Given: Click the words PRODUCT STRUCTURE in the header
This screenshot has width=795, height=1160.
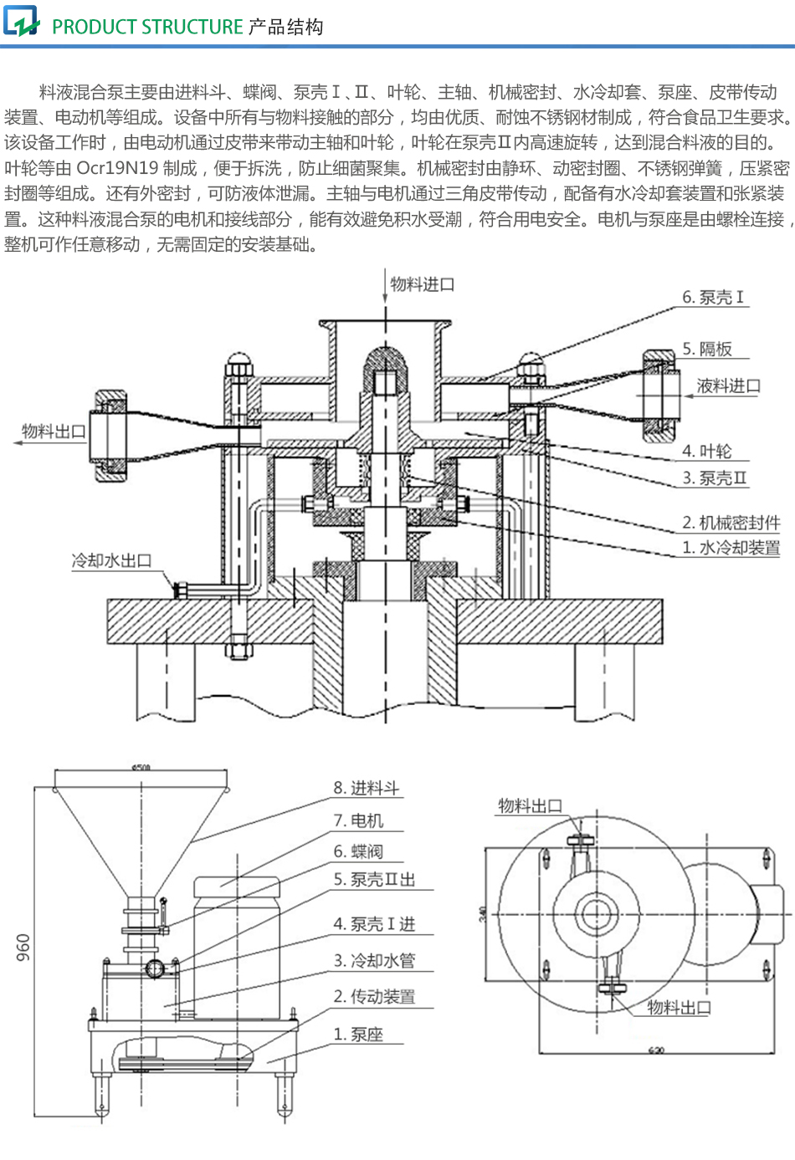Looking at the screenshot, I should tap(147, 27).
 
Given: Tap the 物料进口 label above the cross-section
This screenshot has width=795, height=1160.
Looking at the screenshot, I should tap(423, 284).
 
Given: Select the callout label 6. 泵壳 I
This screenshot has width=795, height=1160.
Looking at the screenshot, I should tap(712, 297).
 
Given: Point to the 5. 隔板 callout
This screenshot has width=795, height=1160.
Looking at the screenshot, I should tap(707, 349).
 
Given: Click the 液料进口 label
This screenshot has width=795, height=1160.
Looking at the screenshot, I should tap(728, 386).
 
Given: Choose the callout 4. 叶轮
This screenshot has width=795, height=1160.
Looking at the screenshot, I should tap(707, 452).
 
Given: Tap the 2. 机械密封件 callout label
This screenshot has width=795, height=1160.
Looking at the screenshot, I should tap(731, 523).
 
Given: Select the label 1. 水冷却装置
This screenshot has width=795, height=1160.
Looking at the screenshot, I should tap(731, 548).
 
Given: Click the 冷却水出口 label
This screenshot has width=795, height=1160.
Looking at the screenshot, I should tap(111, 560).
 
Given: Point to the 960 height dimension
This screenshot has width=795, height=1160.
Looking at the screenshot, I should tap(23, 947).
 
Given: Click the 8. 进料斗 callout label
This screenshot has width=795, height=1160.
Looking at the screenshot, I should tap(366, 788).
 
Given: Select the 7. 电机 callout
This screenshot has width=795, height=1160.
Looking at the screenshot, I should tap(358, 820).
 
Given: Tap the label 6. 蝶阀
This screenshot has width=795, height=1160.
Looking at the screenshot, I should tap(358, 851).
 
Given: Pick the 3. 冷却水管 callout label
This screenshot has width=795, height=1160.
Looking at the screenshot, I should tap(374, 960).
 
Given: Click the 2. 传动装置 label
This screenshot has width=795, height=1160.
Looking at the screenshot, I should tap(374, 996).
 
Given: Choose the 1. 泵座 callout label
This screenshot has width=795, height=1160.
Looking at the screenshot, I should tap(358, 1035).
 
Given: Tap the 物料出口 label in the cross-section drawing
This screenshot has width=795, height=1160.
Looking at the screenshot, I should tap(54, 432).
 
